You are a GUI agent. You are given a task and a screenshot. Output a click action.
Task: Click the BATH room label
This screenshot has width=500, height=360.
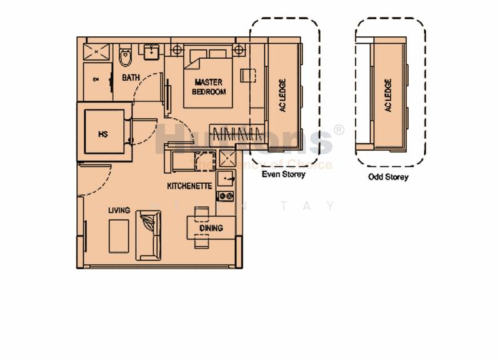click(x=131, y=77)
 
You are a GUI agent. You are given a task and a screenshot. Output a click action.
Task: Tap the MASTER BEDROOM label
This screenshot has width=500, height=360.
click(x=209, y=87)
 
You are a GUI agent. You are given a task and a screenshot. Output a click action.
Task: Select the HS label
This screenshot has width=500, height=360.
click(x=102, y=134)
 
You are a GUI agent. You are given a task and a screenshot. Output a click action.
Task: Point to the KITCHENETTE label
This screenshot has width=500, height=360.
click(x=189, y=186)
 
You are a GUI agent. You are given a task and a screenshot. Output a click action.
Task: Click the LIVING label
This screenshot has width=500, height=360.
click(x=119, y=210)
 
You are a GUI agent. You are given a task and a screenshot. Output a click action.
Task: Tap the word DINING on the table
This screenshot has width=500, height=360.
click(x=211, y=228)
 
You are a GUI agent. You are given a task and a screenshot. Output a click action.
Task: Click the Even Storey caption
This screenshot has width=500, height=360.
click(x=283, y=175)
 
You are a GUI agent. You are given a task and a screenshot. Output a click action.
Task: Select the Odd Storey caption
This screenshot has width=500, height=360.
click(x=388, y=177)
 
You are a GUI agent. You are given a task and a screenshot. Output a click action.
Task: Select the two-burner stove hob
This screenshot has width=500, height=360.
click(x=225, y=196)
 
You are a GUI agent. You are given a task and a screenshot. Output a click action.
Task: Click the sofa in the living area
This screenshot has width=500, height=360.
click(x=150, y=234)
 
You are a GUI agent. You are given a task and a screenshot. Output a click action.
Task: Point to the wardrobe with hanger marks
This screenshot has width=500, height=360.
click(x=235, y=133)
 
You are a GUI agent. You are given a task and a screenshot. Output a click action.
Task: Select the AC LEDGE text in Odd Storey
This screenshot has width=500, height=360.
click(x=388, y=95)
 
